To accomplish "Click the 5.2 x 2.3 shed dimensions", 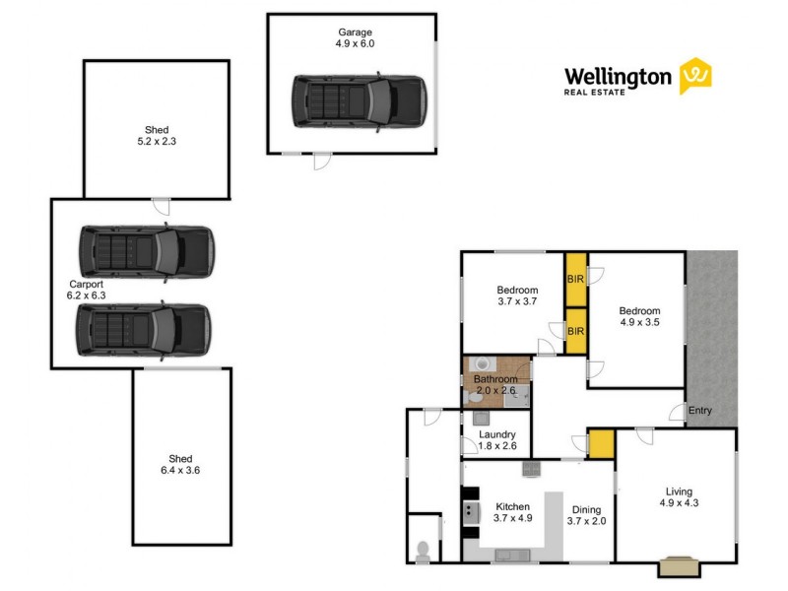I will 157,142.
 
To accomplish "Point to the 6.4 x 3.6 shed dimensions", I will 180,471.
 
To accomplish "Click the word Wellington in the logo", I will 618,76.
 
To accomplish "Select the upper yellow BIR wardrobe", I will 575,280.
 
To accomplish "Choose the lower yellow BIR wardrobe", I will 575,330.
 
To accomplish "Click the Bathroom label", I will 495,378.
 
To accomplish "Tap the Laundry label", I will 496,433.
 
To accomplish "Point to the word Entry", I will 700,411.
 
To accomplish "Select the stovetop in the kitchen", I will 470,511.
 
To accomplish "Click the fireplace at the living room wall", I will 679,565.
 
